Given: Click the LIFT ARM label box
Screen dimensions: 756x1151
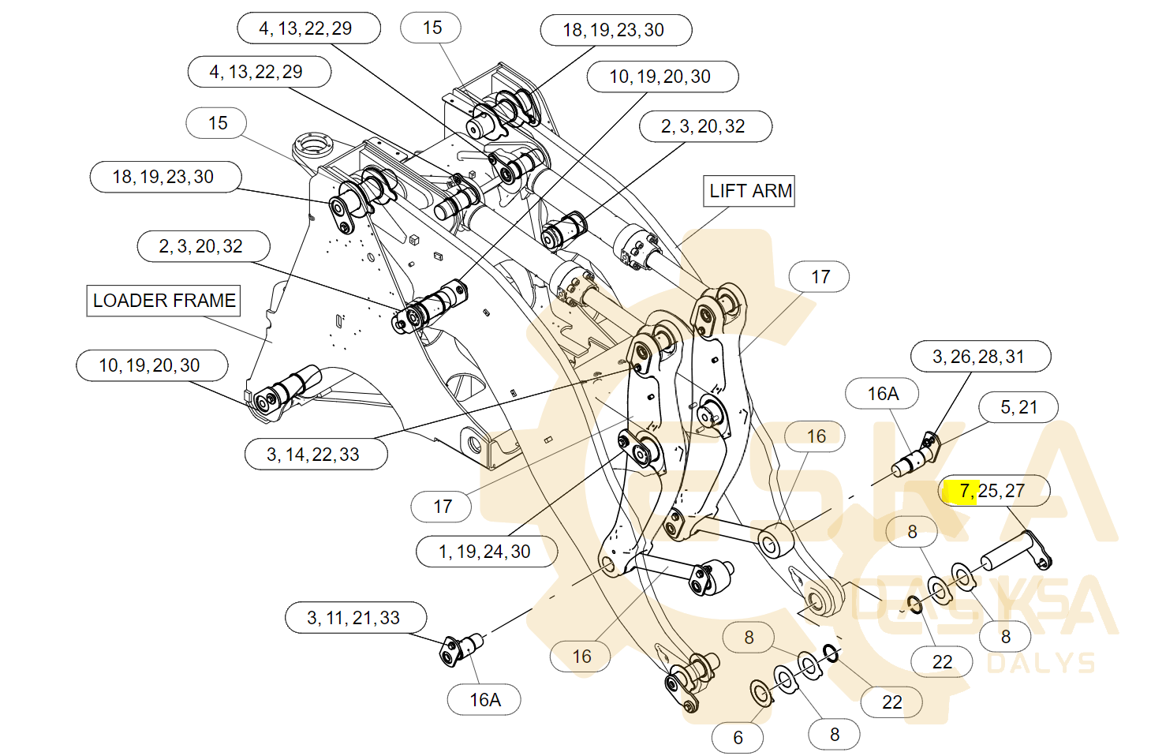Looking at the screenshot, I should point(749,191).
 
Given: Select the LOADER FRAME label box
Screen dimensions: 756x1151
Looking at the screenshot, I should point(163,301).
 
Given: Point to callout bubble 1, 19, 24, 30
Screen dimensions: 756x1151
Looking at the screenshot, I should point(486,552).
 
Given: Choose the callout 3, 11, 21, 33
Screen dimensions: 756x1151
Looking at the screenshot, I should point(356,618).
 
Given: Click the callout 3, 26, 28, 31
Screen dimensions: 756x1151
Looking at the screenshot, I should point(980,357).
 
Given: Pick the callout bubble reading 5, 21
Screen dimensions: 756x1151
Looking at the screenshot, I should point(1018,407).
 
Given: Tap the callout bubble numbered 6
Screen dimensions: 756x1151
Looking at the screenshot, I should point(738,738).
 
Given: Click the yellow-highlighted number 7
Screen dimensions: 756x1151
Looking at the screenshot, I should point(964,491).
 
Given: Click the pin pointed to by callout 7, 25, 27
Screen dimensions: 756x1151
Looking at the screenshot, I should point(1015,552).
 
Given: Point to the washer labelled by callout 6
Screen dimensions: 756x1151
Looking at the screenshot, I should point(760,693).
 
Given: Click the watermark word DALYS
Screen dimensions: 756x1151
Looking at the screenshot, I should point(1041,663).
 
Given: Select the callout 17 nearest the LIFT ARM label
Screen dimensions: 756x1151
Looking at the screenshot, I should point(819,277).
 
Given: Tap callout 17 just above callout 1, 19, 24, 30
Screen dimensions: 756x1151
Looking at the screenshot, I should point(442,507).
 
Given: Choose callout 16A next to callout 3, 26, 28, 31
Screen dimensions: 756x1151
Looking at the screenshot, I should point(882,394).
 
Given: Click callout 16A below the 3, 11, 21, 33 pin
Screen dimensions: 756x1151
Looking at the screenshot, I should point(484,700).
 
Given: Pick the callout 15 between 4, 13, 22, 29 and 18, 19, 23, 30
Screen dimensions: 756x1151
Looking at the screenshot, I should point(431,28).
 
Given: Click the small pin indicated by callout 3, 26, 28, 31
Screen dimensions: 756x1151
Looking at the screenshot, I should point(915,458).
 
